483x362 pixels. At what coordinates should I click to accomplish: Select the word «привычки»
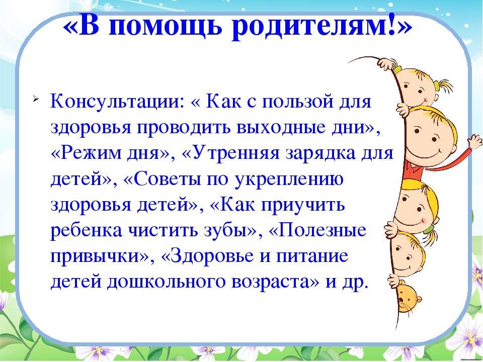(x=94, y=256)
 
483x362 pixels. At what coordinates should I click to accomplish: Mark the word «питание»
(x=312, y=256)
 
